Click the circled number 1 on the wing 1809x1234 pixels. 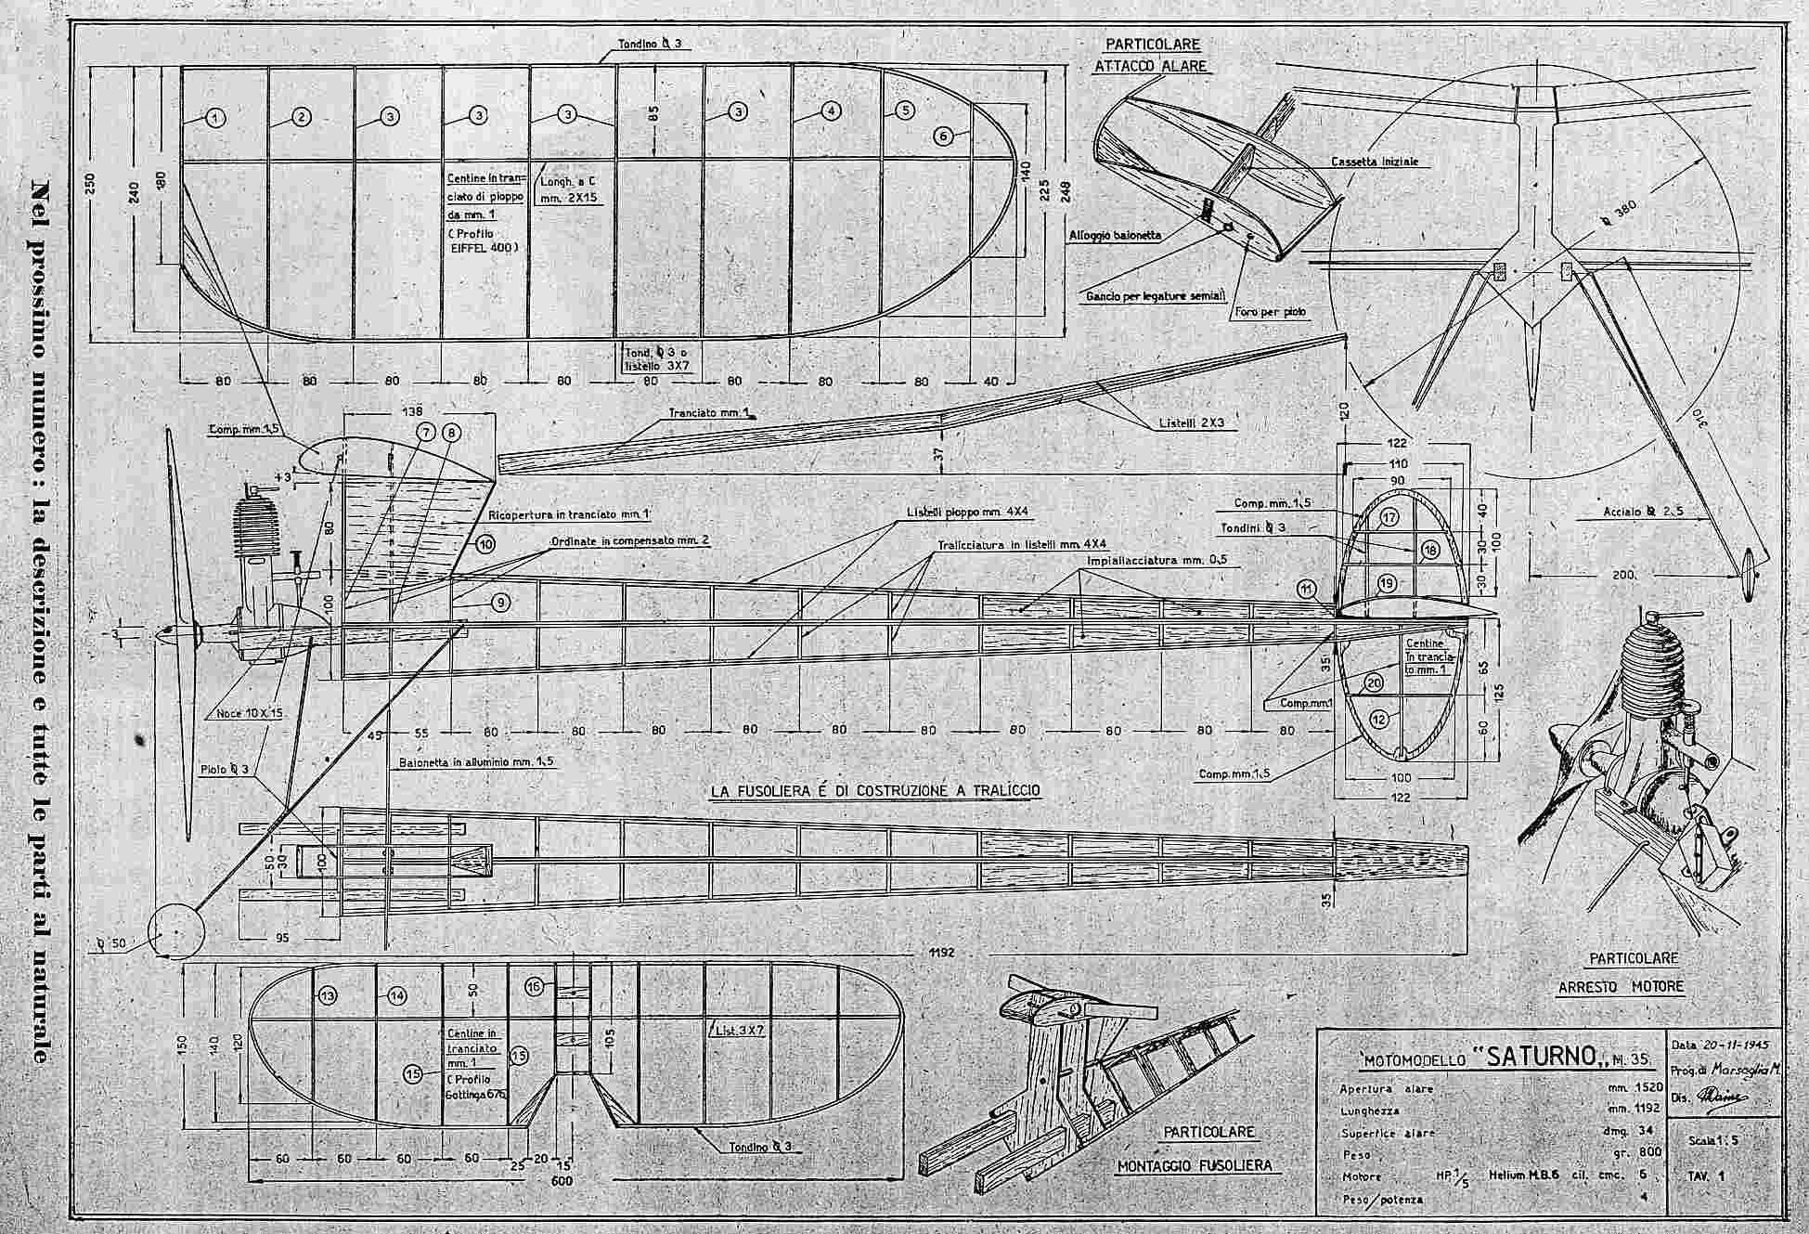click(x=214, y=117)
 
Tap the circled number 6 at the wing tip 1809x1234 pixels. click(x=943, y=136)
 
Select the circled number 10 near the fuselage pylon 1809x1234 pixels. click(x=486, y=544)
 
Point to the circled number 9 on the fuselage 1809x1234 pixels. click(x=500, y=603)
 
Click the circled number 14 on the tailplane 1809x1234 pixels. click(x=397, y=995)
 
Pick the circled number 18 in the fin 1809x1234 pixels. click(x=1430, y=551)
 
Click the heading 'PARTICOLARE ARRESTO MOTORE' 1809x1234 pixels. click(x=1619, y=971)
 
